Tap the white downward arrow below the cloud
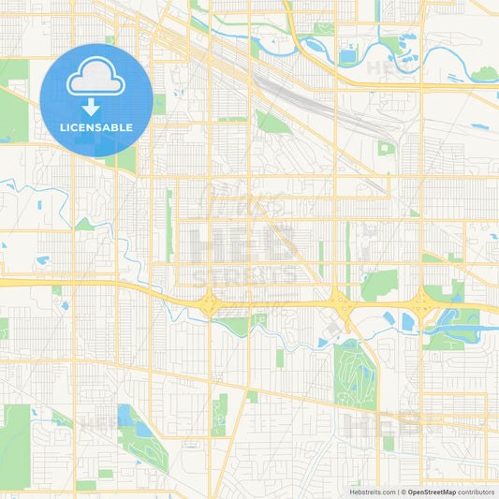click(x=96, y=106)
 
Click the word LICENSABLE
click(x=96, y=127)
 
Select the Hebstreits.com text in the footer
click(x=371, y=491)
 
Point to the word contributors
click(x=477, y=491)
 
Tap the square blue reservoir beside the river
click(x=348, y=57)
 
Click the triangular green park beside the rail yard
click(x=272, y=122)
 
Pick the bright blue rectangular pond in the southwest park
click(x=125, y=415)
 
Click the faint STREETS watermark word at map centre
click(x=245, y=276)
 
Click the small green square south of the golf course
click(x=389, y=443)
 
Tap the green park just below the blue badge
click(x=123, y=159)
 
